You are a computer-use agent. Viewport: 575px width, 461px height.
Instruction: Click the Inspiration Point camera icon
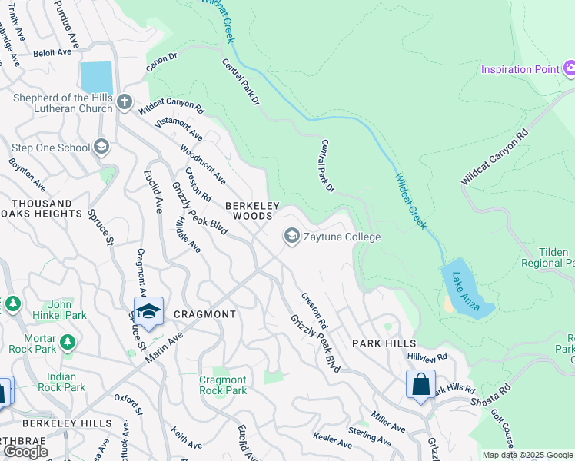click(x=569, y=69)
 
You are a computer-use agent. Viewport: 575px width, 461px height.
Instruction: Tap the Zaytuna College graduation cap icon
click(x=292, y=237)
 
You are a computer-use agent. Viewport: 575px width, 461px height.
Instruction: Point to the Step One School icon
click(x=101, y=147)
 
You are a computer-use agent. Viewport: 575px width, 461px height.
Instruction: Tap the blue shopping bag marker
click(x=420, y=383)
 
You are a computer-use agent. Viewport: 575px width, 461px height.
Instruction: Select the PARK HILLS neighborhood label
click(x=384, y=343)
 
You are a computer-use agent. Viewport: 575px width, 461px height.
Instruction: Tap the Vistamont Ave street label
click(x=179, y=123)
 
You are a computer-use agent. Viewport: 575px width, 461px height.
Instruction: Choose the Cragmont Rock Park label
click(x=223, y=385)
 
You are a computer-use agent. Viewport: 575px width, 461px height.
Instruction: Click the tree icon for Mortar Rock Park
click(x=68, y=340)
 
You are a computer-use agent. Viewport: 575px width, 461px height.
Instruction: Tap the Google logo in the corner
click(x=25, y=452)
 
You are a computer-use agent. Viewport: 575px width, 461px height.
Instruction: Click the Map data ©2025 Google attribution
click(x=527, y=455)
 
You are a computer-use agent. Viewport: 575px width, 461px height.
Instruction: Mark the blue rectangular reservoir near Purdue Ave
click(x=96, y=78)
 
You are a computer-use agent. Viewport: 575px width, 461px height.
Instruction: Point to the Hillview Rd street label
click(x=427, y=358)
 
